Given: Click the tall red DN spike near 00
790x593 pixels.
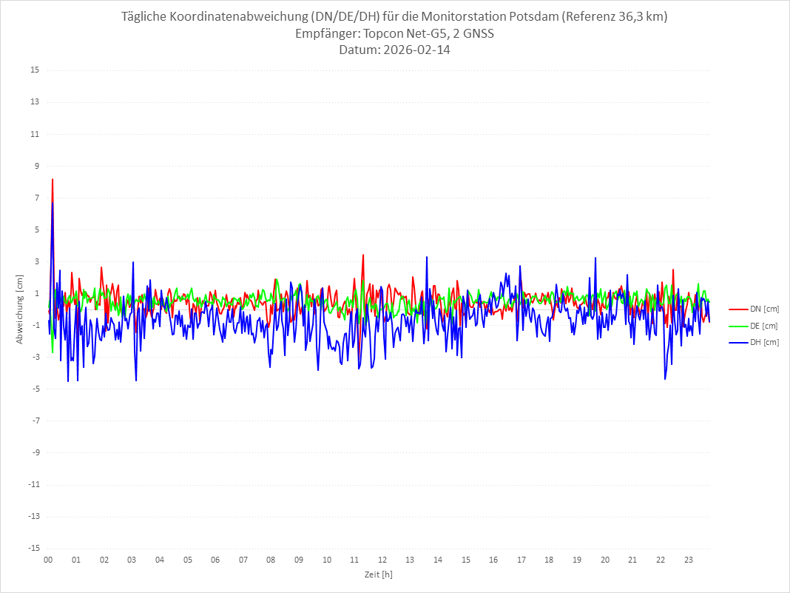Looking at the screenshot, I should click(53, 180).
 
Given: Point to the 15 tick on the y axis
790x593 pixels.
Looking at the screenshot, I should click(35, 70).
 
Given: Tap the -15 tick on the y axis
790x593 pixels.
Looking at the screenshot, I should click(33, 549).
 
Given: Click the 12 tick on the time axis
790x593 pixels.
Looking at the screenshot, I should click(382, 560).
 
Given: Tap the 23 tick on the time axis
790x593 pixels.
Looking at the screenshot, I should click(689, 560).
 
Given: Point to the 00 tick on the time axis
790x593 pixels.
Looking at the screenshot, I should click(48, 560).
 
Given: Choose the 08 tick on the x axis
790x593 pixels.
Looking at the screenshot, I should click(271, 560).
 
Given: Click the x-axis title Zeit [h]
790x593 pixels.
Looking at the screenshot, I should click(379, 574).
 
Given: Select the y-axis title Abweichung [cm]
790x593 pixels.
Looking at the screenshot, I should click(20, 309).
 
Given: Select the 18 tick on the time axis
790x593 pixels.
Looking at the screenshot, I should click(550, 560).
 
